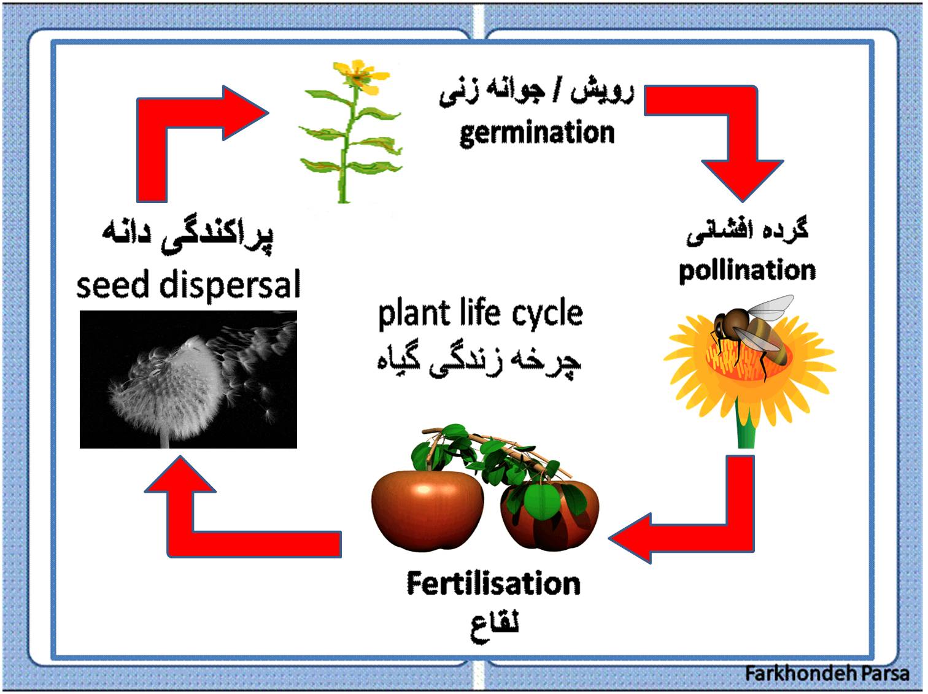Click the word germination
pos(537,134)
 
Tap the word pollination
pos(747,271)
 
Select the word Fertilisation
pos(493,584)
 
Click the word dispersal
pos(230,283)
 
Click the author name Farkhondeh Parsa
pos(827,673)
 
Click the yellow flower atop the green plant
pos(360,77)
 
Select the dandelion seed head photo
pos(188,380)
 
